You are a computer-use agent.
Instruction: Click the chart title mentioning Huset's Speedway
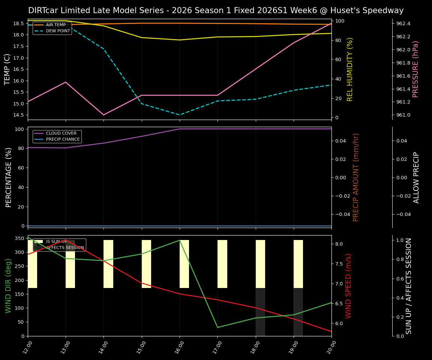[216, 10]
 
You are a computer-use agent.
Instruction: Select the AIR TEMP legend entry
[55, 25]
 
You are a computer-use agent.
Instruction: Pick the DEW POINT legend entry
[58, 31]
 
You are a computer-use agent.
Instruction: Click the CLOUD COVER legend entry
[61, 133]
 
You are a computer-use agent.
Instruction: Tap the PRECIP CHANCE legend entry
[63, 139]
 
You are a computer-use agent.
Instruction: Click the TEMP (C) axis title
[7, 69]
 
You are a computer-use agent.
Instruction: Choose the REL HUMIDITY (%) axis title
[350, 69]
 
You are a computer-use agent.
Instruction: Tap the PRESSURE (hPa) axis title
[415, 69]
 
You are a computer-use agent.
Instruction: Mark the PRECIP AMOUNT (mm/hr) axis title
[356, 177]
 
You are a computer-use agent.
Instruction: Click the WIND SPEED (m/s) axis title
[349, 286]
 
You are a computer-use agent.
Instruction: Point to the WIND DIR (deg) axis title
[8, 286]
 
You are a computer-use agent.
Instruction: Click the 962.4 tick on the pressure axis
[403, 24]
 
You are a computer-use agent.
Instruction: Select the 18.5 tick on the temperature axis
[18, 24]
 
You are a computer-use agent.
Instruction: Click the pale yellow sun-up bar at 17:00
[222, 264]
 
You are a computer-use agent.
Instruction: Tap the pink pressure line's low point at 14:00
[103, 115]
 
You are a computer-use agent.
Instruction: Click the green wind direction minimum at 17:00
[217, 327]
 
